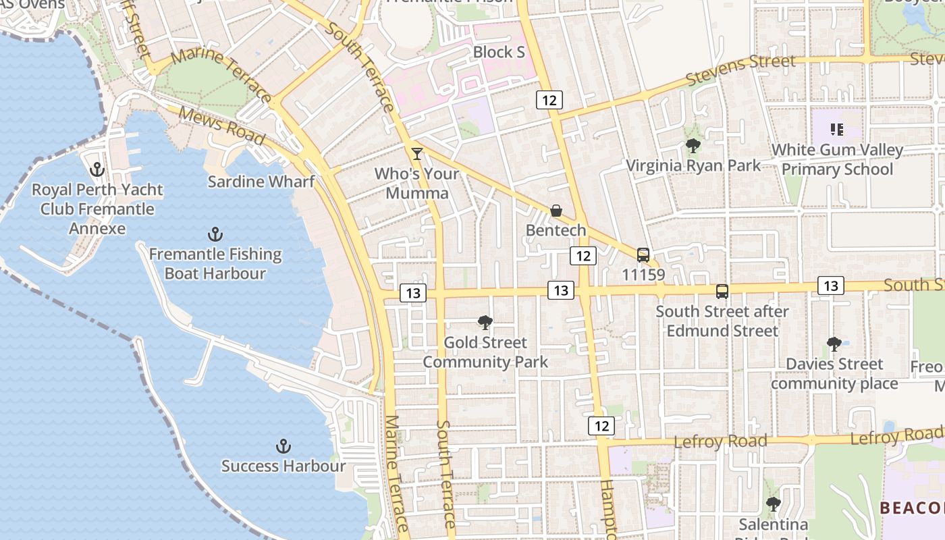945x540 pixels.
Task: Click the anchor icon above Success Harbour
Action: pos(283,446)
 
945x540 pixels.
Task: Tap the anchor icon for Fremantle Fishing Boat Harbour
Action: pos(215,235)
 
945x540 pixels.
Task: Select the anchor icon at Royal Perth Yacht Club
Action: pos(97,169)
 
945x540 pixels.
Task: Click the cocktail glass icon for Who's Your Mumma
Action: pos(417,154)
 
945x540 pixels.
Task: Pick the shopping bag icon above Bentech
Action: pos(556,211)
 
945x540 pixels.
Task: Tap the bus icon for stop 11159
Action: pos(643,255)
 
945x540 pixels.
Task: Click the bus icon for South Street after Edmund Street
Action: pos(722,292)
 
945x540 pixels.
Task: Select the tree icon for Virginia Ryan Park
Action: pos(693,146)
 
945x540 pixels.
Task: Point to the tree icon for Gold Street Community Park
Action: pos(485,323)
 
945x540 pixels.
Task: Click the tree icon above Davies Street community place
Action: pos(834,344)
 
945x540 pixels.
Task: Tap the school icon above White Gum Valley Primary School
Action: pos(837,130)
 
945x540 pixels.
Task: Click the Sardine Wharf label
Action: pos(261,182)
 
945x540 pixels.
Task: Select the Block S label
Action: pos(499,52)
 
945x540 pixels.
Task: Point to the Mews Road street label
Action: pos(221,126)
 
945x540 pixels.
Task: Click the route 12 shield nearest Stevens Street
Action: pos(549,101)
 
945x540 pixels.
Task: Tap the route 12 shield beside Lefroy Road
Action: pos(601,426)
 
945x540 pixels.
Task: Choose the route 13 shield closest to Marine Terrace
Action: pos(413,293)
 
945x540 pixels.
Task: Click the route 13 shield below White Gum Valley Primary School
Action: pos(830,286)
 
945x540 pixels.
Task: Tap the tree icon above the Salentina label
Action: pos(773,504)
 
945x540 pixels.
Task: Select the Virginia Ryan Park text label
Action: pos(693,165)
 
